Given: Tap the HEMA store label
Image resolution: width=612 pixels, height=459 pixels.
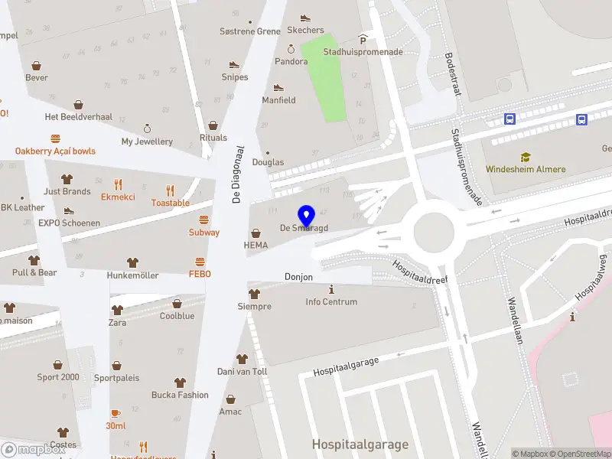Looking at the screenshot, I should (x=256, y=246).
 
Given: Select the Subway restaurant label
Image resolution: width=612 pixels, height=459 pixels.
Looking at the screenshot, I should (x=204, y=233).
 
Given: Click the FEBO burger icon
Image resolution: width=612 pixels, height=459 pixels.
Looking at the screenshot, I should (x=200, y=260).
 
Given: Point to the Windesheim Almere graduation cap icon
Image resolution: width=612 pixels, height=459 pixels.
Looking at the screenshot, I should (x=526, y=157).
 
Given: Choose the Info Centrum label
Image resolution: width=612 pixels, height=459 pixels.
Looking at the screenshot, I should (x=331, y=302).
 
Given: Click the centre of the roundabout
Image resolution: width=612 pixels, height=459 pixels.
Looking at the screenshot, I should (x=434, y=229).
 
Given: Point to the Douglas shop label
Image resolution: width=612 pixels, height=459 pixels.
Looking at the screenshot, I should (x=268, y=162).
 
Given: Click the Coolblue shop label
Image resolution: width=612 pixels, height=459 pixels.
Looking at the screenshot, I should (x=177, y=316).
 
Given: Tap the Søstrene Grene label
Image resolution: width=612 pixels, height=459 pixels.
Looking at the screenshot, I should (x=250, y=31).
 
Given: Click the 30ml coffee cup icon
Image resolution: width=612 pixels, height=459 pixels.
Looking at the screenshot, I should (x=116, y=413).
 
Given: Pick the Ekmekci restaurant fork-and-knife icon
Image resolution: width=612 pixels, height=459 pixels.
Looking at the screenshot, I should (x=118, y=184).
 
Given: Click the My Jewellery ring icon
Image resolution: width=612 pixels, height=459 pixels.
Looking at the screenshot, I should (x=147, y=129).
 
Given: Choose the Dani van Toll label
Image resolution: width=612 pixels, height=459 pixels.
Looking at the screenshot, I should (x=243, y=372).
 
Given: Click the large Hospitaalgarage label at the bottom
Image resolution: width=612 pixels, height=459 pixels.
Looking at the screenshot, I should (x=360, y=444).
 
